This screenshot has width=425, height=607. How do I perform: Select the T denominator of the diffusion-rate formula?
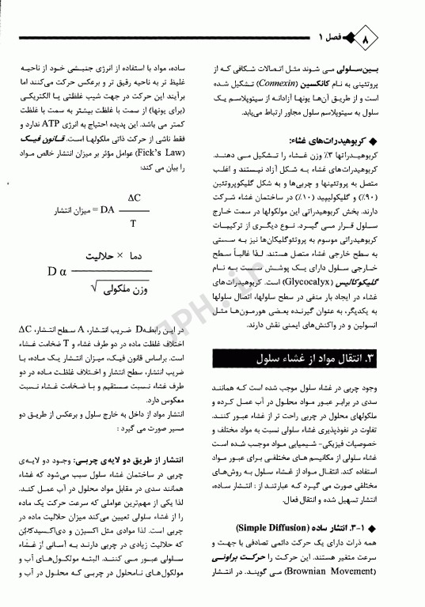[x=132, y=222]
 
